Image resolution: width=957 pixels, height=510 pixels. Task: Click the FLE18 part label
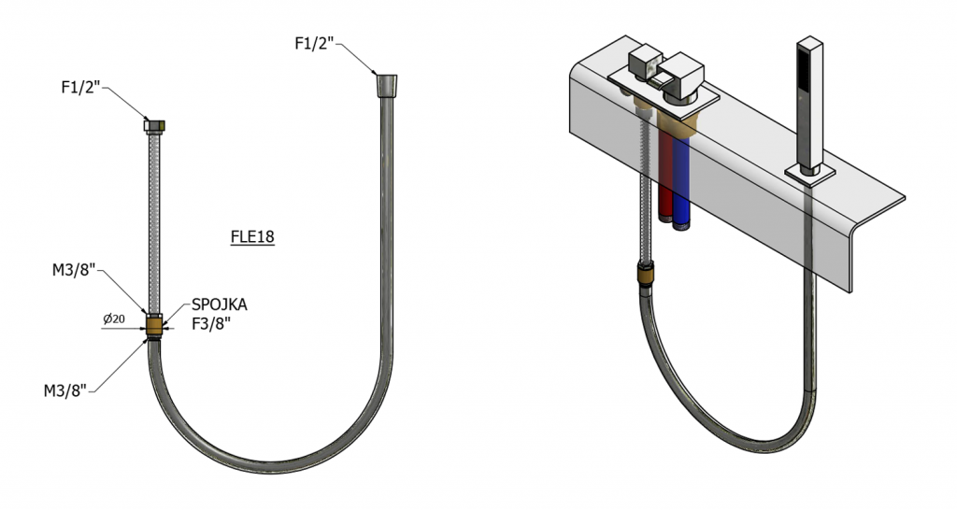252,236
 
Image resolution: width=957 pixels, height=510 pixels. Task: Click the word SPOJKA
220,305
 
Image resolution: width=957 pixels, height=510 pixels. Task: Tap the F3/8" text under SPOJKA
211,324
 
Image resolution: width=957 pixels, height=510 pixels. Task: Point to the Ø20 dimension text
114,319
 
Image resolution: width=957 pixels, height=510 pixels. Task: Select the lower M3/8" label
65,390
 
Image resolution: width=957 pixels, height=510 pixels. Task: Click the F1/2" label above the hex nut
80,87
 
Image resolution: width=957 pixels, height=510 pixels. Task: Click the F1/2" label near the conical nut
315,43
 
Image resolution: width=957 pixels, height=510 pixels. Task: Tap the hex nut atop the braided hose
155,125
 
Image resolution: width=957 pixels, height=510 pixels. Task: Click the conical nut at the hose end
386,85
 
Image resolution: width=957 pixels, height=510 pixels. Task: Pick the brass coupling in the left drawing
155,325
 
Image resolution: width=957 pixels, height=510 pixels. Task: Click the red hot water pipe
666,177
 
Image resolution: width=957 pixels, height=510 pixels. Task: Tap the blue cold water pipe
680,183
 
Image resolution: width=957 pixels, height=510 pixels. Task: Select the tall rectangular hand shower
809,104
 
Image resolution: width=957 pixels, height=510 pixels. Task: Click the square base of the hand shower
809,172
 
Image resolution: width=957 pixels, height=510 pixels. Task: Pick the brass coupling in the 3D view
645,274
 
